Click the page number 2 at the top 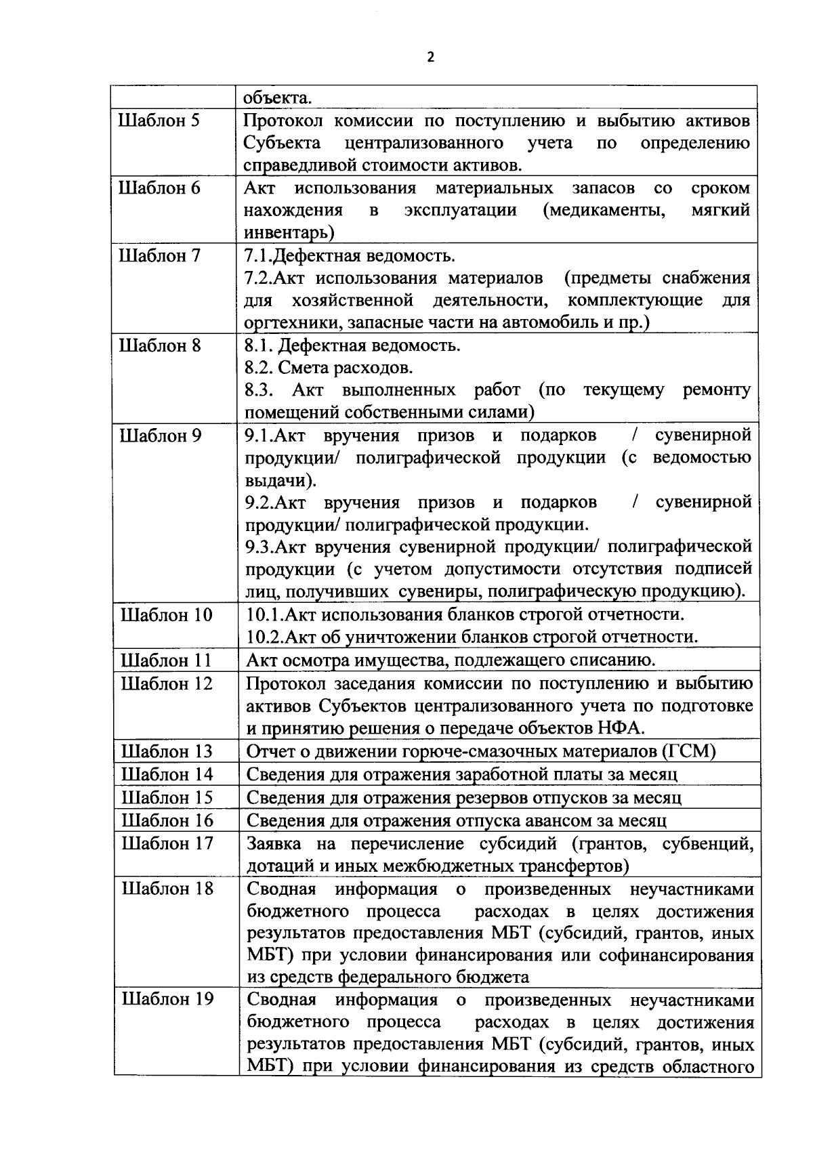pyautogui.click(x=431, y=58)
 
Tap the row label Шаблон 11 pyautogui.click(x=166, y=660)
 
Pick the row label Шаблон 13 pyautogui.click(x=167, y=751)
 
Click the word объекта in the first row pyautogui.click(x=278, y=98)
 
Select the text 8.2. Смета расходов pyautogui.click(x=329, y=368)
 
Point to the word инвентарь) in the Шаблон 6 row pyautogui.click(x=289, y=232)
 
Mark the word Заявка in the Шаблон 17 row pyautogui.click(x=274, y=844)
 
